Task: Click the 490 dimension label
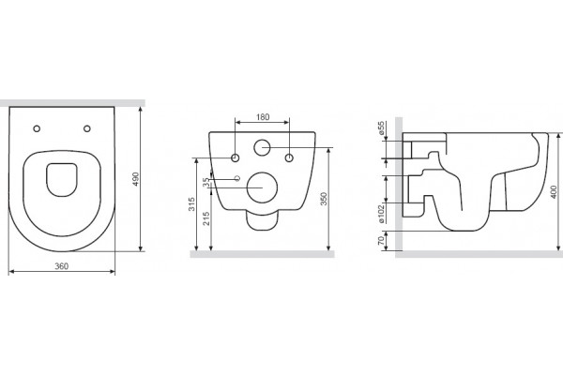click(x=135, y=179)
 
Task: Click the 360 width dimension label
click(x=61, y=266)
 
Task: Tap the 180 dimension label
click(x=263, y=117)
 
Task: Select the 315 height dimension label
click(x=191, y=204)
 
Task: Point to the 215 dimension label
click(x=206, y=218)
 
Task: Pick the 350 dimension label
click(x=324, y=199)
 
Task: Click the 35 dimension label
click(x=206, y=182)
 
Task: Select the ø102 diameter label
click(x=381, y=214)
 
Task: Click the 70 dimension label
click(x=381, y=240)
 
